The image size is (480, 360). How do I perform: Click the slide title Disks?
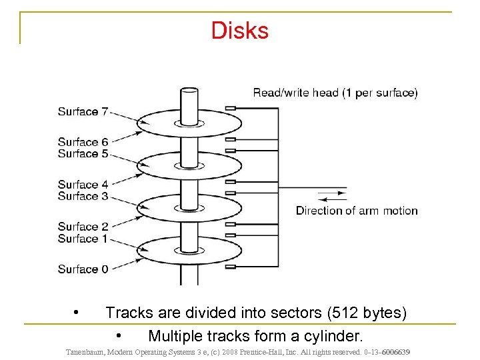240,30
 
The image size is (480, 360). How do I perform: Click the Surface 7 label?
83,111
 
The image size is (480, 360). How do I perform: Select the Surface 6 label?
83,142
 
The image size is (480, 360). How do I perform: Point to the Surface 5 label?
83,153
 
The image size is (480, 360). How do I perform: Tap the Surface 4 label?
83,184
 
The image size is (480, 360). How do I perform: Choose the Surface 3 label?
83,196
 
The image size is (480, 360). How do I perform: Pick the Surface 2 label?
83,227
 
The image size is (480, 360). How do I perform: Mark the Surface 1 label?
83,239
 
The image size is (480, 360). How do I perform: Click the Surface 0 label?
83,269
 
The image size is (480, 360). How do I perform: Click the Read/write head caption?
335,93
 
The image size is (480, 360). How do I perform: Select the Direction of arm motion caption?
357,211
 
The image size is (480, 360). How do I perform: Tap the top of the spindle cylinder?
189,91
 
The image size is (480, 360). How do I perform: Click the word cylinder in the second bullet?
336,335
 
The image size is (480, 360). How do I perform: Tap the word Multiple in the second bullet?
175,335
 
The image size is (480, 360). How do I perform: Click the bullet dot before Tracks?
77,311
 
